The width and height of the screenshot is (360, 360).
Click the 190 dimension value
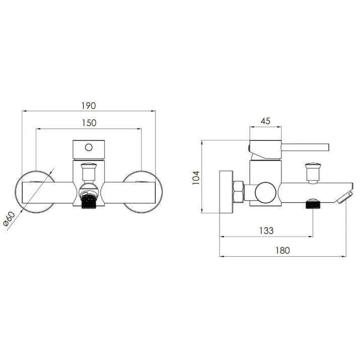click(89, 106)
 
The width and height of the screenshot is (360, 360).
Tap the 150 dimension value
click(89, 123)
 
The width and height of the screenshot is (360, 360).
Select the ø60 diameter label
click(9, 219)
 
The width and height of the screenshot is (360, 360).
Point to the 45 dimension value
click(266, 121)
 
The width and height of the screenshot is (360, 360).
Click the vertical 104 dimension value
click(196, 178)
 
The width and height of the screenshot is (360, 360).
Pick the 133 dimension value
click(266, 231)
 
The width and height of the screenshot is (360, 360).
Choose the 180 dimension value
click(282, 250)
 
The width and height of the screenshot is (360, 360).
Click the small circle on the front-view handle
click(89, 147)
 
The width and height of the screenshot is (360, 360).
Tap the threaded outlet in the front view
click(89, 200)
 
